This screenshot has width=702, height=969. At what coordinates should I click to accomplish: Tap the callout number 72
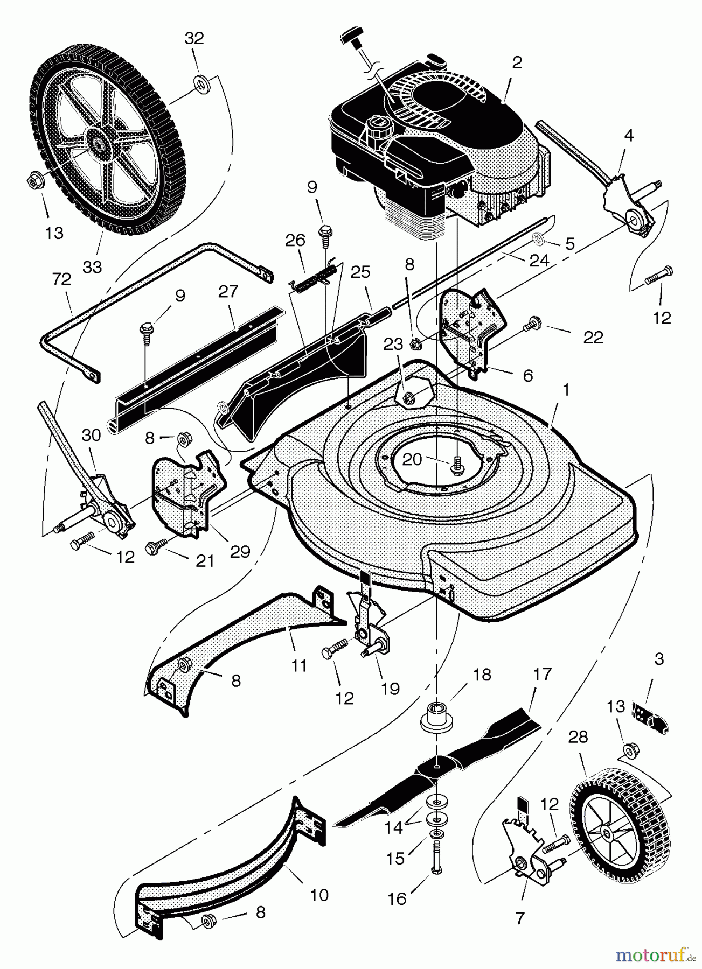(62, 279)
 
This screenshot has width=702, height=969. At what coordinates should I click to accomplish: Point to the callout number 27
(228, 292)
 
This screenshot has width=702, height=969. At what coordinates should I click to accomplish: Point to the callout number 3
(659, 658)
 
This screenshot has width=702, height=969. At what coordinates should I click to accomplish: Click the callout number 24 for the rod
(539, 260)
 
